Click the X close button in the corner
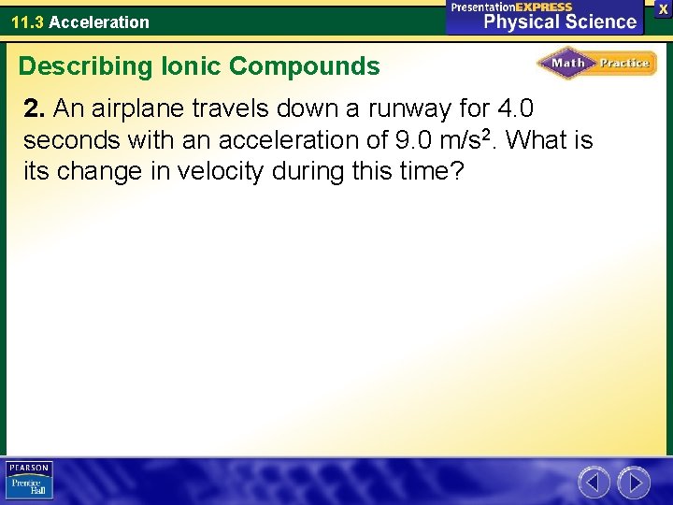(663, 8)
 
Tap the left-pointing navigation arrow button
(594, 483)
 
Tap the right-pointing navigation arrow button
(633, 483)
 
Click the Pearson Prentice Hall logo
(28, 481)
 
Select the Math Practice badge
(596, 64)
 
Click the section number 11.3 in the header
(27, 22)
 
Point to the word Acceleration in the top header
(99, 22)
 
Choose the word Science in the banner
(603, 22)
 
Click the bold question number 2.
(34, 109)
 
